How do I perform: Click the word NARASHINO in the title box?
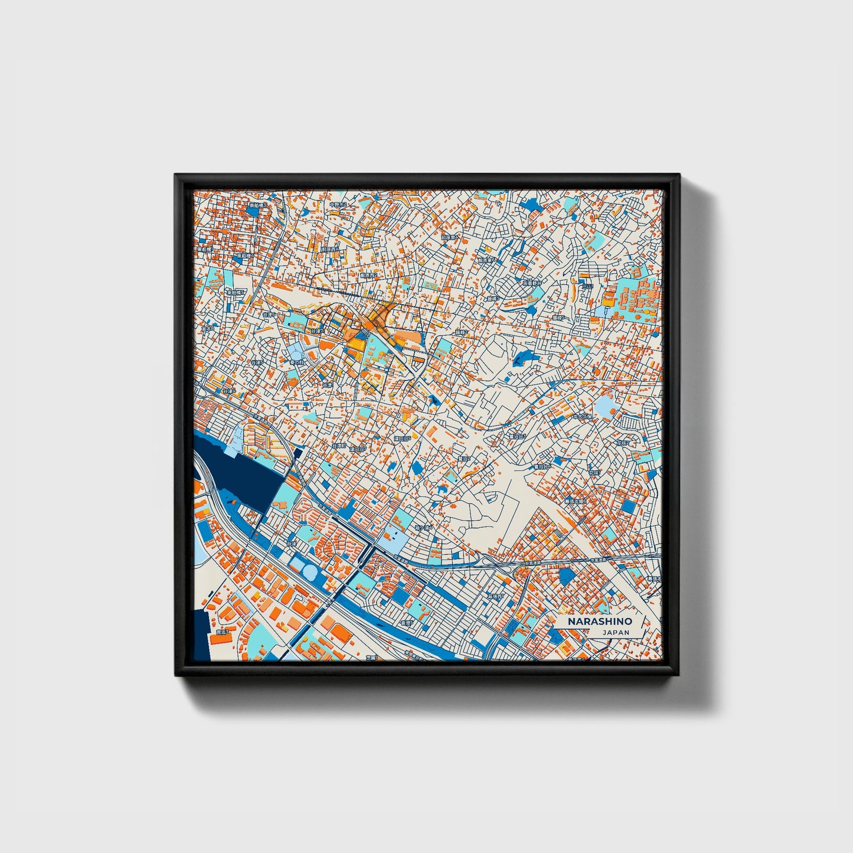tap(600, 622)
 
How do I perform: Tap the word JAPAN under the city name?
tap(616, 632)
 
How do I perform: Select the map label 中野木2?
tap(339, 204)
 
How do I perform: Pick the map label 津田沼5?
tap(402, 439)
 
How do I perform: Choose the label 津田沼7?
tap(357, 449)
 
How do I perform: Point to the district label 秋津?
tap(292, 543)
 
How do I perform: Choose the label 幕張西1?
tap(495, 597)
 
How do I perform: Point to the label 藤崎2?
tap(461, 332)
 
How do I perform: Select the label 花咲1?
tap(593, 472)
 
